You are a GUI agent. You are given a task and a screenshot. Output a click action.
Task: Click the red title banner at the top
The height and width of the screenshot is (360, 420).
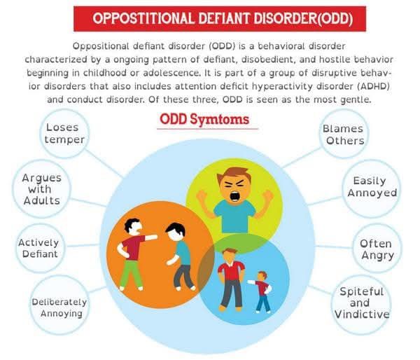pyautogui.click(x=209, y=18)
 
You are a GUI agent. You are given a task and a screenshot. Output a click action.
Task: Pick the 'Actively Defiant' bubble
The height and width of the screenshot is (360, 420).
pyautogui.click(x=39, y=248)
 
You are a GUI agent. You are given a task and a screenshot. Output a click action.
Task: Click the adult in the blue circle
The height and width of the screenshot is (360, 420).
pyautogui.click(x=231, y=277)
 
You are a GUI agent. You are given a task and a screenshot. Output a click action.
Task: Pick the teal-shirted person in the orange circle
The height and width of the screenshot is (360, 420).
pyautogui.click(x=181, y=256)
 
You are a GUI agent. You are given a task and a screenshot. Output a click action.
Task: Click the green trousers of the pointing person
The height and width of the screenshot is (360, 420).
pyautogui.click(x=130, y=273)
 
